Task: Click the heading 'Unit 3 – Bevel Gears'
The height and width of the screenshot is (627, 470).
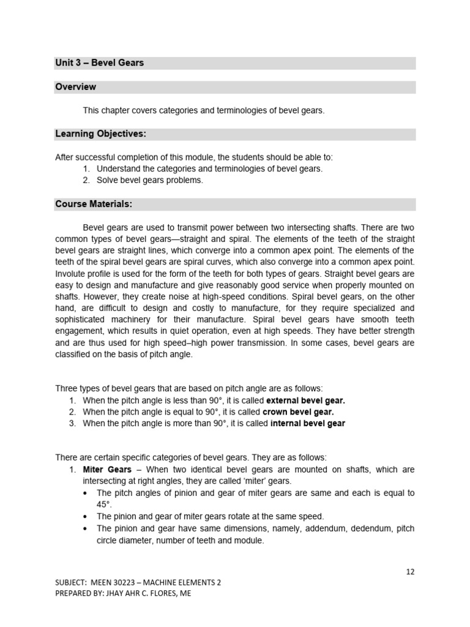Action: [100, 63]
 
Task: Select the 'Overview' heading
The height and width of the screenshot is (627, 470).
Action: [75, 87]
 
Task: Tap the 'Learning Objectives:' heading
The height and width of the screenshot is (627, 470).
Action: [101, 134]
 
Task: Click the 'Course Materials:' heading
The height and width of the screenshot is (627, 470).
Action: [94, 204]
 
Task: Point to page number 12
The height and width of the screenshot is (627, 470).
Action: [410, 571]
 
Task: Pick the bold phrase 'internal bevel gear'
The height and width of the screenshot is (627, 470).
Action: [307, 424]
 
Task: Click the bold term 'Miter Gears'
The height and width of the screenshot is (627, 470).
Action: [107, 470]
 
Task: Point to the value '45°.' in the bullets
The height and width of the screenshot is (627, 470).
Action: [105, 505]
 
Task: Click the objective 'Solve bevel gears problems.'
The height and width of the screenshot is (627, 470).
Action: [149, 180]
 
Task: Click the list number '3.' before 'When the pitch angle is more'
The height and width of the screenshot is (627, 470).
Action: [73, 424]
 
